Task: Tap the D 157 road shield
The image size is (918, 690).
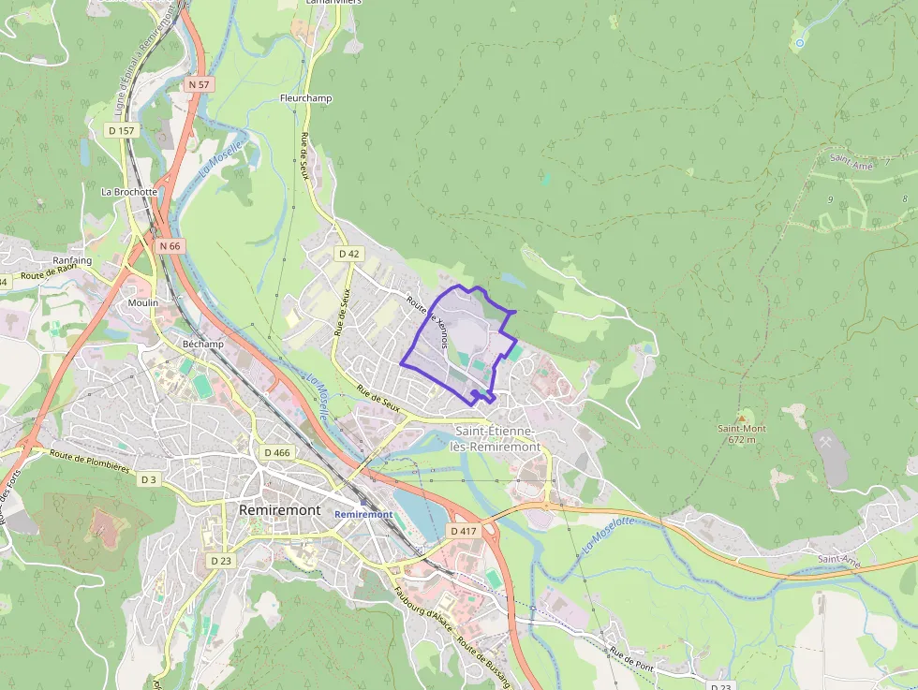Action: (x=122, y=130)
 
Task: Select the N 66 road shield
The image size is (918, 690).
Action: (x=170, y=245)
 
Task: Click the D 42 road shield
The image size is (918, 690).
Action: (x=348, y=254)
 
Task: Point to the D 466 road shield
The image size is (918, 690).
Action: (x=277, y=452)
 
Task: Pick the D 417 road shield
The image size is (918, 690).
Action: (x=464, y=531)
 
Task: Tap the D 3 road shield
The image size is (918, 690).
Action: (x=149, y=479)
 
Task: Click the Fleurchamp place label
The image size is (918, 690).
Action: (x=305, y=98)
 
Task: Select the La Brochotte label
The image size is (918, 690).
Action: (x=129, y=191)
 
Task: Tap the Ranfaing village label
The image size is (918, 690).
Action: (x=72, y=260)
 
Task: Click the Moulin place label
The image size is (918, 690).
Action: (x=143, y=302)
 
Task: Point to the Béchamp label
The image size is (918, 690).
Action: (x=203, y=344)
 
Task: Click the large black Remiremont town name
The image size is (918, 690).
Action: (x=279, y=510)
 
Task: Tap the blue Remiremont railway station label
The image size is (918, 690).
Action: (x=363, y=515)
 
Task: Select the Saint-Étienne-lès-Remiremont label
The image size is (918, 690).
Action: (x=496, y=438)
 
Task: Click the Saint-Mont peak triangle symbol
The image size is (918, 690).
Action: (x=742, y=418)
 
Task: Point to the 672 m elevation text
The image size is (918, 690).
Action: (x=742, y=439)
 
